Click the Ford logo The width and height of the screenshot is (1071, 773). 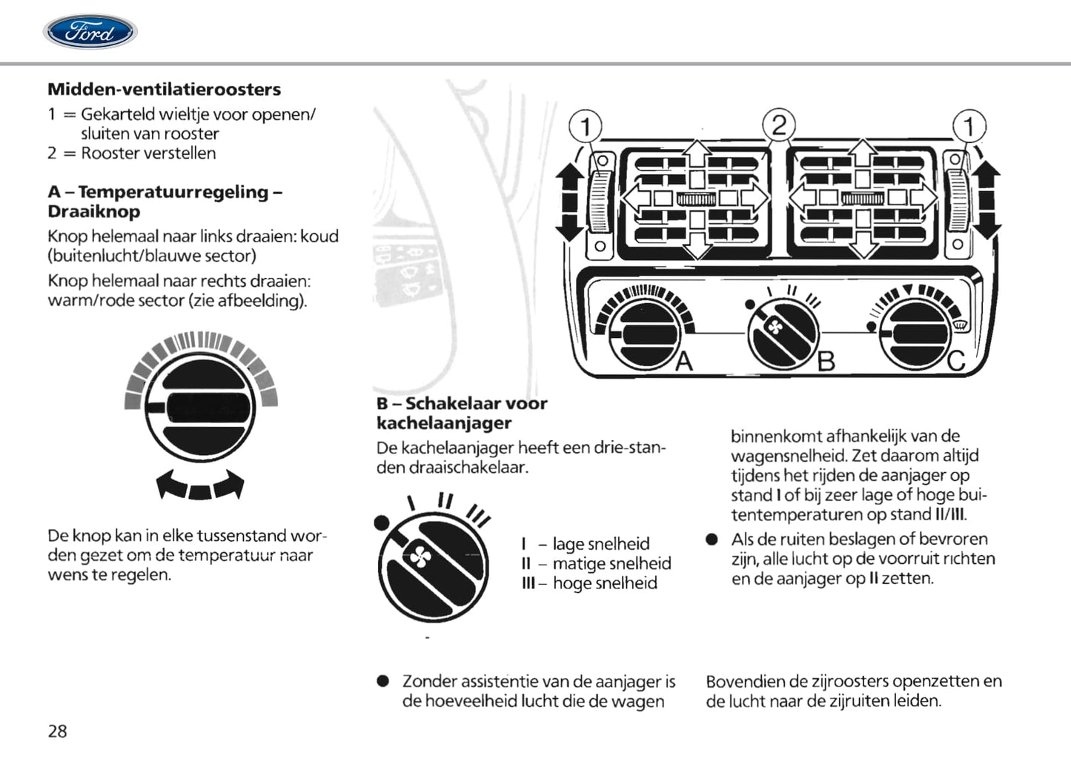90,32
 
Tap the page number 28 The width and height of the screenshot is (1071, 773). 57,731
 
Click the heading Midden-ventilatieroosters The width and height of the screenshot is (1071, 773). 164,89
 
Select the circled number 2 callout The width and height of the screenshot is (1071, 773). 778,125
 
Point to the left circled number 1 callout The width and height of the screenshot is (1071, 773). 586,126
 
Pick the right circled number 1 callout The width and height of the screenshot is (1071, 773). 969,126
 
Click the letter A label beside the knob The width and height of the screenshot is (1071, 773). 684,361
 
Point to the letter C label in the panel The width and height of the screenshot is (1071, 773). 956,361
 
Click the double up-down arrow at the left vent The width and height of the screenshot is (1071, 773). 568,201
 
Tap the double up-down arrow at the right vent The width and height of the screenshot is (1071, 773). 987,201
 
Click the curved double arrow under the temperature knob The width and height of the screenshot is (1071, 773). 200,486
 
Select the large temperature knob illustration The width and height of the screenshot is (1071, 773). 199,408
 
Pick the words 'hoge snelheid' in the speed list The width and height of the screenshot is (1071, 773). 605,583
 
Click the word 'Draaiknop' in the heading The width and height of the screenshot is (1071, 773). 93,211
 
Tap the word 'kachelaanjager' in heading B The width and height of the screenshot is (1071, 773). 444,423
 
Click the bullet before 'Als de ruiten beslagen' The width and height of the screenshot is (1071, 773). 712,540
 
